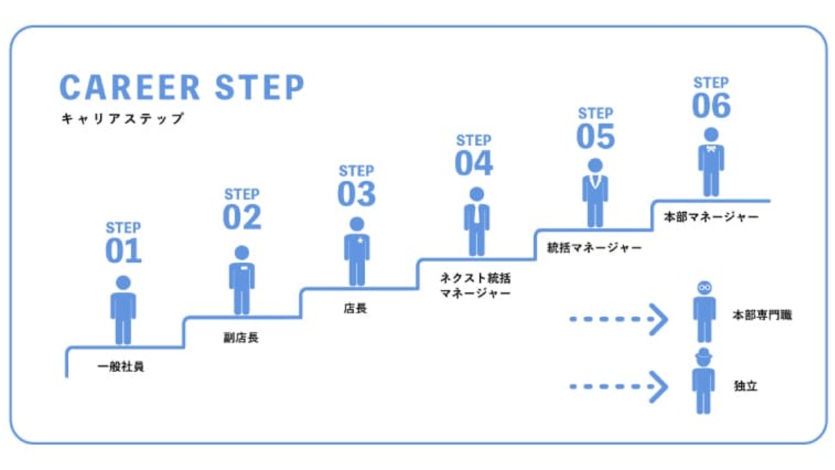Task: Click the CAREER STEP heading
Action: (x=182, y=87)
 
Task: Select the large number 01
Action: (x=123, y=251)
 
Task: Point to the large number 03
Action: (x=357, y=194)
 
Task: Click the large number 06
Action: (x=711, y=106)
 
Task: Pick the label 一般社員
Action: (x=121, y=367)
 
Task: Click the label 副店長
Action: (x=241, y=338)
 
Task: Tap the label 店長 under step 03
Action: (x=355, y=308)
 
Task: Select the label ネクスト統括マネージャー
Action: (x=475, y=286)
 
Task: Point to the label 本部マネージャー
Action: (x=711, y=217)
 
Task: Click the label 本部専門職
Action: (x=761, y=315)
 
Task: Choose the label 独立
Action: (x=746, y=386)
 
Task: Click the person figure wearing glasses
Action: (x=704, y=312)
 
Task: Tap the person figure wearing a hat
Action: (x=703, y=381)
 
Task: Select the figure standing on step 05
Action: (x=594, y=192)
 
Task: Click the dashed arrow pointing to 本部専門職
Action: (x=618, y=319)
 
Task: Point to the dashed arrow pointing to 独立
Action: (x=618, y=387)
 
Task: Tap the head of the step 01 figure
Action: (x=123, y=283)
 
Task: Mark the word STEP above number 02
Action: (x=241, y=195)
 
